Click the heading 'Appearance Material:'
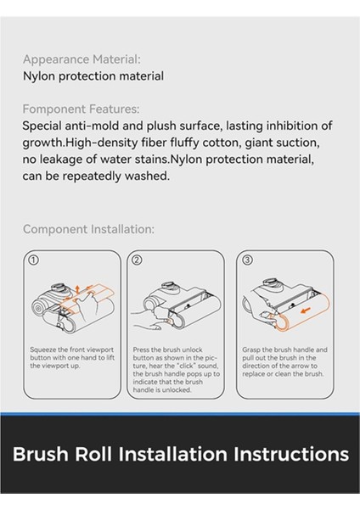click(82, 59)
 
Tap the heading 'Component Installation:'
click(88, 229)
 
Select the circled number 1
click(34, 260)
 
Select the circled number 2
click(138, 260)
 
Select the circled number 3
click(247, 260)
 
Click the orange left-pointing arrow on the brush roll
click(306, 310)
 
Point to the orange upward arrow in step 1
click(77, 289)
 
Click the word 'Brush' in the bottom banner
click(41, 454)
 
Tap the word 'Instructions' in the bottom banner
click(291, 454)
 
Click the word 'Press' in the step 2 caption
click(141, 350)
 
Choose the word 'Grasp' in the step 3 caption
click(251, 350)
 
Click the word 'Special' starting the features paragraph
click(42, 126)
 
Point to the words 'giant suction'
click(282, 143)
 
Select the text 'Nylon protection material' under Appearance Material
click(93, 76)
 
